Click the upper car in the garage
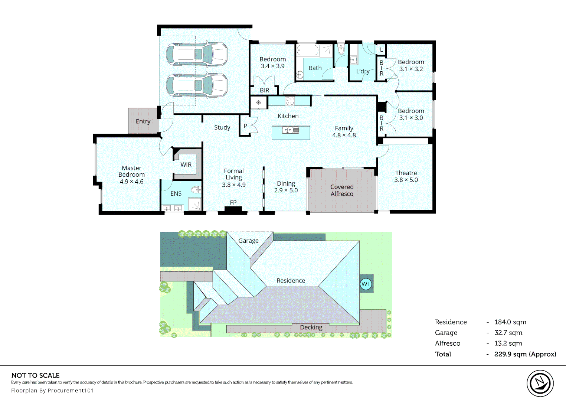click(196, 54)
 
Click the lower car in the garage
click(196, 85)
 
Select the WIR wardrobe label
click(186, 164)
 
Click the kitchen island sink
click(290, 130)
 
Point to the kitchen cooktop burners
click(289, 101)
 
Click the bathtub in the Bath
click(307, 50)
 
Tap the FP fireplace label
click(233, 202)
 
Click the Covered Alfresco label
click(342, 190)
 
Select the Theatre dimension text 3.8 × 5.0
click(406, 180)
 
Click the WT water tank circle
click(366, 284)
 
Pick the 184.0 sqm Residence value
click(510, 322)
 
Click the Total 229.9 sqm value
click(525, 354)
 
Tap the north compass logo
click(540, 383)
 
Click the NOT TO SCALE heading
click(36, 375)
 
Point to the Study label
click(222, 127)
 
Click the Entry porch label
click(143, 121)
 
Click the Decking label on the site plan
click(311, 327)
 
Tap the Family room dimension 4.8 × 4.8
click(344, 135)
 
